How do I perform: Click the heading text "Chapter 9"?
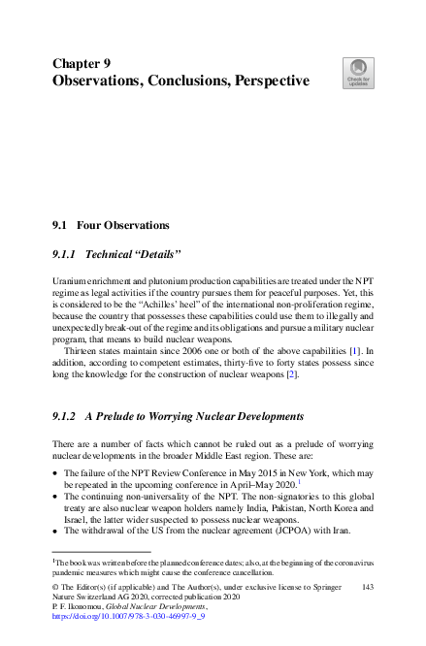coord(87,63)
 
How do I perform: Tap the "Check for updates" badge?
coord(356,72)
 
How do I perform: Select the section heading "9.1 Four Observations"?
coord(110,225)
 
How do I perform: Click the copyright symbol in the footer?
coord(55,587)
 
